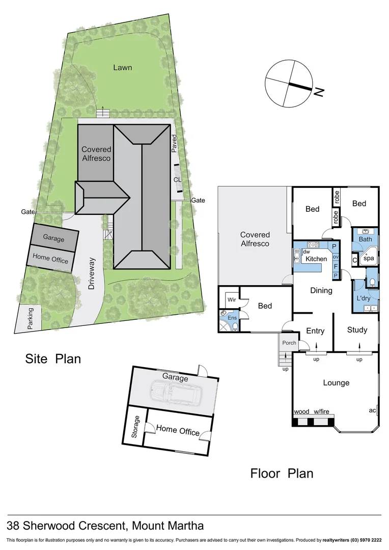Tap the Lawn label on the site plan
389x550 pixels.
pyautogui.click(x=123, y=67)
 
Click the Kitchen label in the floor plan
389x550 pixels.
pyautogui.click(x=316, y=259)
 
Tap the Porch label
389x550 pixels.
pyautogui.click(x=289, y=343)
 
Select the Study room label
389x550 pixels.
pyautogui.click(x=357, y=330)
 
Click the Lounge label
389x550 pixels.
pyautogui.click(x=336, y=382)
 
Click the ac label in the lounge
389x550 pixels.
pyautogui.click(x=372, y=410)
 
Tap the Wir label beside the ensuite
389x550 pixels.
pyautogui.click(x=231, y=299)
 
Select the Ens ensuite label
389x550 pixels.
pyautogui.click(x=232, y=318)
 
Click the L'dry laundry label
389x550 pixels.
pyautogui.click(x=364, y=297)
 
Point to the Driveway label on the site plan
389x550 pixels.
pyautogui.click(x=92, y=274)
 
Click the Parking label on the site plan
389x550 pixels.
pyautogui.click(x=31, y=318)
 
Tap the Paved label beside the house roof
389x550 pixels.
pyautogui.click(x=174, y=144)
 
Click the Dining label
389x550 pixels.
pyautogui.click(x=321, y=290)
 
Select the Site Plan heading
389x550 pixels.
pyautogui.click(x=53, y=359)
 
